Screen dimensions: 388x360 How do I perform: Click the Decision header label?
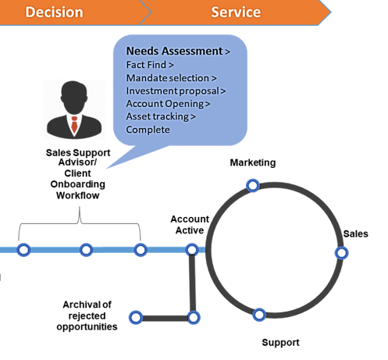tap(54, 12)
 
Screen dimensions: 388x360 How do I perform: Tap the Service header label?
tap(236, 12)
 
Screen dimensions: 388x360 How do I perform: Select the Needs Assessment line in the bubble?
tap(178, 51)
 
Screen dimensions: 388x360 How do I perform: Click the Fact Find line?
tap(150, 65)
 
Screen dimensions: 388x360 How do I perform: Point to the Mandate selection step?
tap(171, 78)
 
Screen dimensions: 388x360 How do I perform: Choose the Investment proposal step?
tap(176, 91)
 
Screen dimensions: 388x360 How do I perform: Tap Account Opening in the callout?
tap(168, 104)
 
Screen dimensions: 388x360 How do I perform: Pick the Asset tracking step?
tap(161, 116)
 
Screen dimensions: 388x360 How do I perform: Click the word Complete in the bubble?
tap(148, 130)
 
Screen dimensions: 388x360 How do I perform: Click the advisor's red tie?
tap(74, 124)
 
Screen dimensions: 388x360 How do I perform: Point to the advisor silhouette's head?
tap(74, 97)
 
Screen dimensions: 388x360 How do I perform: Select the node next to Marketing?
tap(253, 186)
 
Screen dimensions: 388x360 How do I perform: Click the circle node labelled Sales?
tap(341, 253)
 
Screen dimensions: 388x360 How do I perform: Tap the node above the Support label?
tap(259, 315)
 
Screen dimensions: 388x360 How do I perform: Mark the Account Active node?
tap(192, 250)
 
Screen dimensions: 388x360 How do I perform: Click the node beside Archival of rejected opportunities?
tap(136, 318)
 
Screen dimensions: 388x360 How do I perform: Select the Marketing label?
tap(253, 162)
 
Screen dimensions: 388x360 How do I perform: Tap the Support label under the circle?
tap(280, 343)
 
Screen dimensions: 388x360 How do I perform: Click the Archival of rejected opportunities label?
tap(87, 315)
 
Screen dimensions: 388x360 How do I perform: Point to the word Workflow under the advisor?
tap(78, 195)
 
